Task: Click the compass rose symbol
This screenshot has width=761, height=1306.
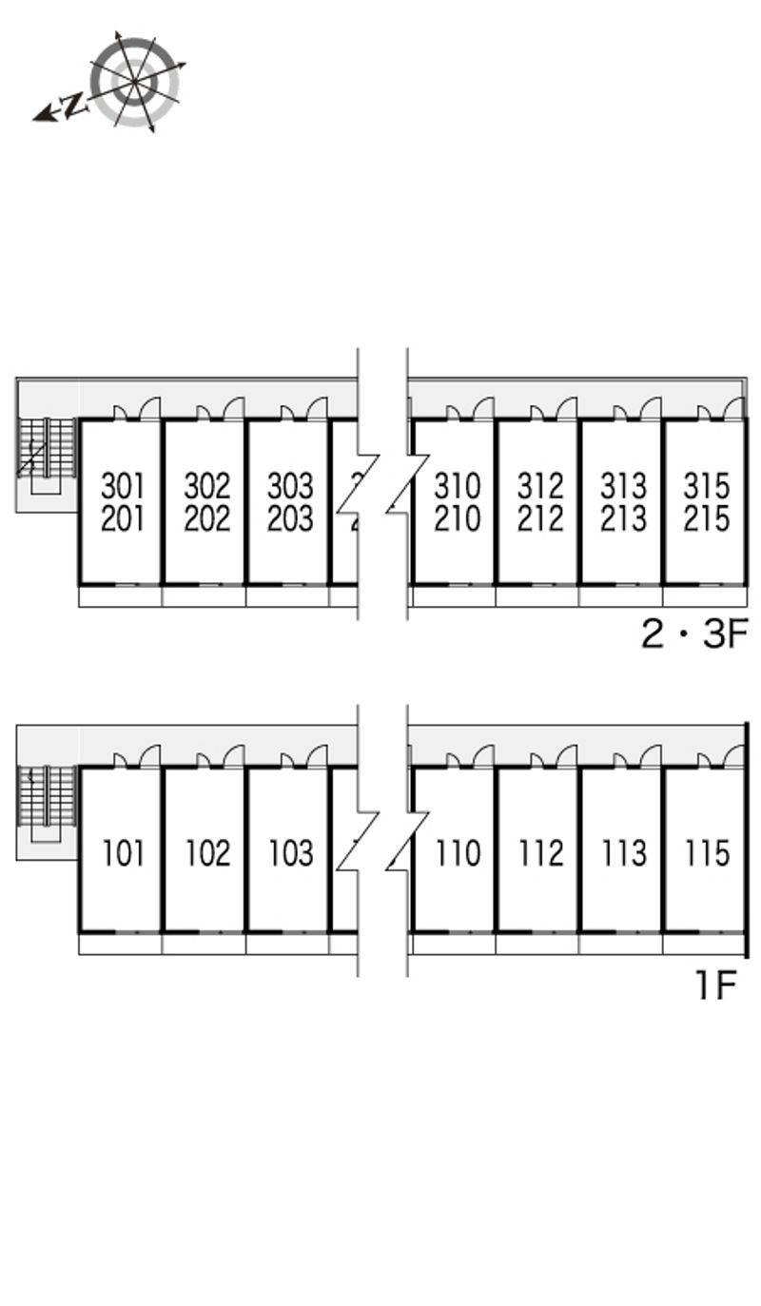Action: pos(136,82)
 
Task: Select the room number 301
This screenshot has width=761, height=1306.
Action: pos(123,486)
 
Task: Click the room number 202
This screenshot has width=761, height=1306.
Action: pos(206,519)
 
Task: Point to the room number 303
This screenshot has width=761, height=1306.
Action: pos(290,486)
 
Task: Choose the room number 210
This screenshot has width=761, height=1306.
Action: pos(457,519)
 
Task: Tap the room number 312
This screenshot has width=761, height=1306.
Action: pos(540,486)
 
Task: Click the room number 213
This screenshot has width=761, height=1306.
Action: pos(623,519)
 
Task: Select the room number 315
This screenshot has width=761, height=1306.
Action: pos(706,486)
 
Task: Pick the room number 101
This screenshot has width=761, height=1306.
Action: pos(123,853)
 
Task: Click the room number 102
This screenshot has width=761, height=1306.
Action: pos(206,853)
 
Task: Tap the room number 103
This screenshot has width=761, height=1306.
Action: pos(290,853)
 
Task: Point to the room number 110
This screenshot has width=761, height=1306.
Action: pos(457,853)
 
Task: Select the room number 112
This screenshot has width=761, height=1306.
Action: pos(540,853)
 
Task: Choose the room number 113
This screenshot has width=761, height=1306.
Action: pos(623,853)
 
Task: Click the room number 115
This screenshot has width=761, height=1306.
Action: pos(706,853)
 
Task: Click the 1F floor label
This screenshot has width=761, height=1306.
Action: pos(715,985)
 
